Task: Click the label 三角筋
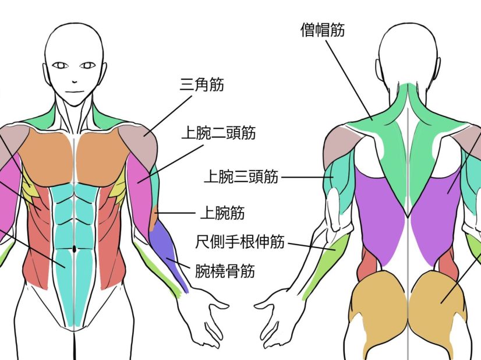tap(202, 85)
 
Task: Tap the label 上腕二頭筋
tap(218, 133)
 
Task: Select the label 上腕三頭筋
tap(240, 176)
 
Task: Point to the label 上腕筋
tap(221, 213)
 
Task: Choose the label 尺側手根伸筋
tap(239, 241)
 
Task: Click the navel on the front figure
tap(75, 250)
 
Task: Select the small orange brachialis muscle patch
tap(155, 218)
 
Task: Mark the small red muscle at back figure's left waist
tap(367, 262)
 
